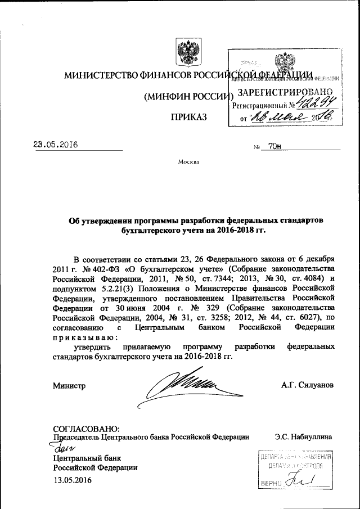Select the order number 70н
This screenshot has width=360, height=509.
tap(275, 146)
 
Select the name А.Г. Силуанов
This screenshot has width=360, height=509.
tap(307, 385)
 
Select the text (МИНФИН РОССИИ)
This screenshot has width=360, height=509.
tap(186, 96)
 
